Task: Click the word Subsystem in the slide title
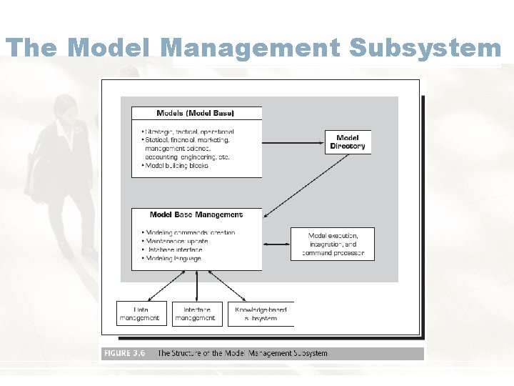coord(425,48)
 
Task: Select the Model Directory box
coord(348,142)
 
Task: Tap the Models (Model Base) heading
coord(195,113)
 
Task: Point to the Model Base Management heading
coord(196,214)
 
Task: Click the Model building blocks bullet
coord(177,166)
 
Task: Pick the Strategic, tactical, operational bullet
coord(189,132)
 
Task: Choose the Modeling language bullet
coord(174,258)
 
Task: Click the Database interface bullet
coord(175,249)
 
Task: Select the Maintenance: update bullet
coord(177,241)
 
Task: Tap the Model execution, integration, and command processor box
coord(333,244)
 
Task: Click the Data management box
coord(141,314)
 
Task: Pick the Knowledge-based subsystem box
coord(261,314)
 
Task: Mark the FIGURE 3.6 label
coord(124,353)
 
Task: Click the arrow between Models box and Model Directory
coord(293,142)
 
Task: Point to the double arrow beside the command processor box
coord(276,244)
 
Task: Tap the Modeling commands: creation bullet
coord(190,232)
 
